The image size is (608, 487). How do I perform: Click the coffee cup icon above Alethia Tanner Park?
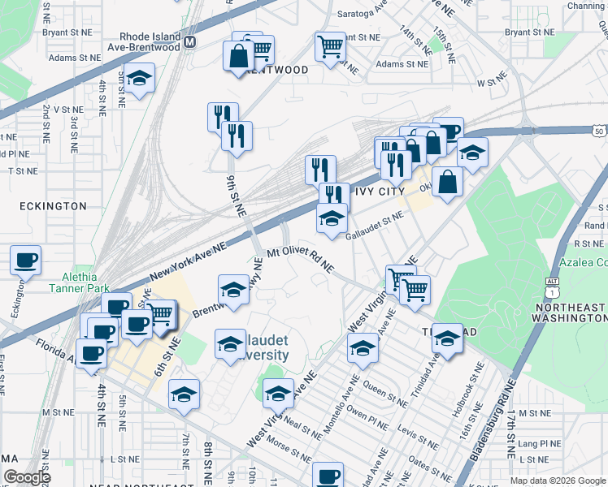coord(25,261)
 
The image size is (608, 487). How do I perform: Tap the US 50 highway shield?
coord(597,131)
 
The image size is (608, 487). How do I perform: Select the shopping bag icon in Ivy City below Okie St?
coord(447,181)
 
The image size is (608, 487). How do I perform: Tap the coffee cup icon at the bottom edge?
coord(328,476)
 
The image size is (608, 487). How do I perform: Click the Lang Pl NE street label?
coord(539,444)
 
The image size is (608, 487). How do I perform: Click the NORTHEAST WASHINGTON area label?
coord(575,313)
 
